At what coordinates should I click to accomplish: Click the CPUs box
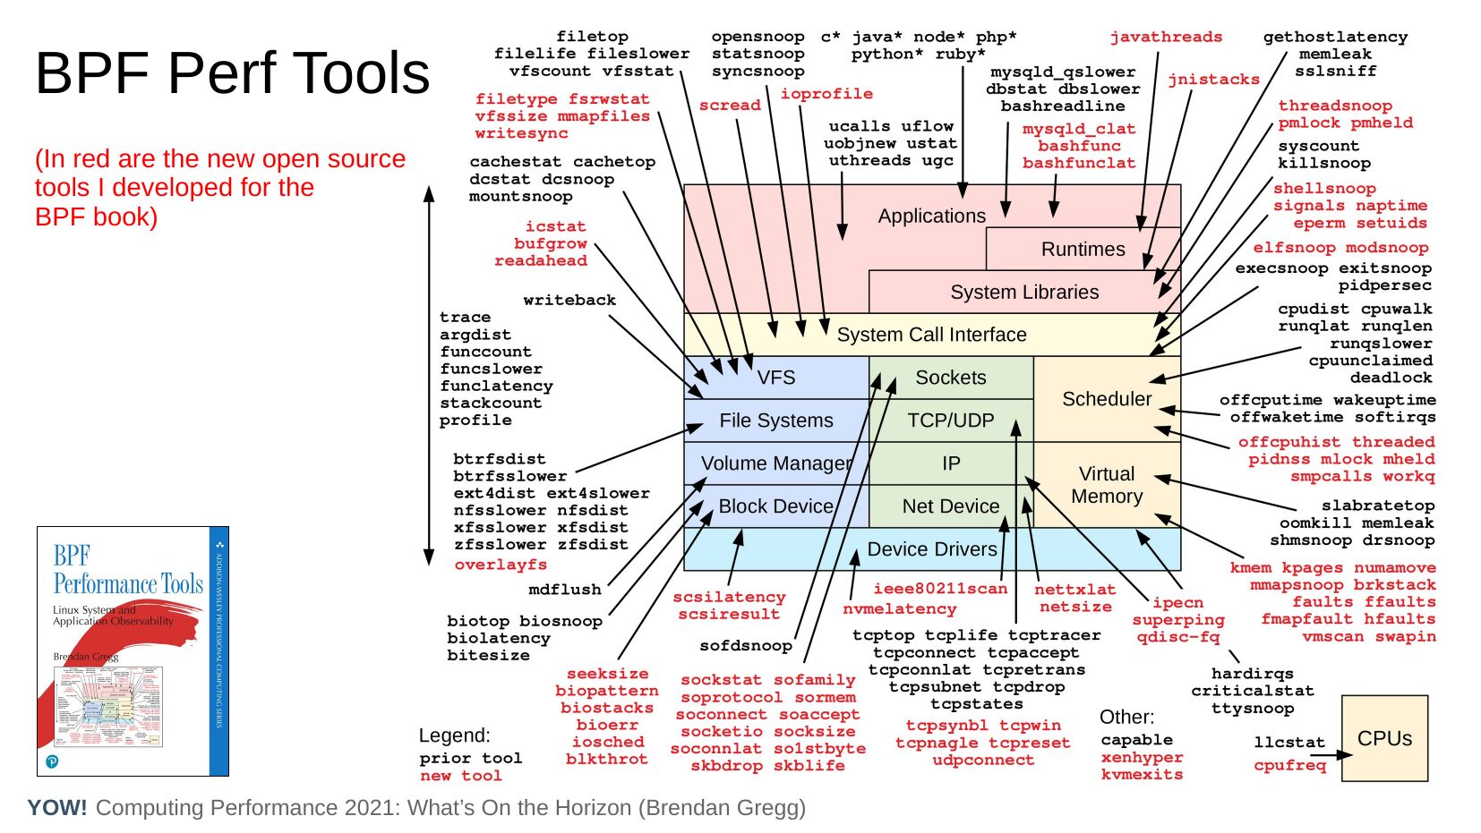point(1384,738)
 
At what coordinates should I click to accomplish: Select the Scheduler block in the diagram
point(1107,399)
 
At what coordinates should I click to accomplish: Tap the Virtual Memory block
point(1107,485)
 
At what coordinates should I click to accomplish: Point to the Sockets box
point(951,378)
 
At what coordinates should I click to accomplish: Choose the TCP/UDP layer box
point(951,421)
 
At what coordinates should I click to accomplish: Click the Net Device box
point(950,506)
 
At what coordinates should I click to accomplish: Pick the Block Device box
point(775,506)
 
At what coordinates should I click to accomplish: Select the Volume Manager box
point(775,463)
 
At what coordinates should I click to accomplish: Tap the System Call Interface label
point(931,335)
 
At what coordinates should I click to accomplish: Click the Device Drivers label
point(931,549)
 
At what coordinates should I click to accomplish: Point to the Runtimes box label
point(1083,250)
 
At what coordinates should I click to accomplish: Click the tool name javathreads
point(1166,37)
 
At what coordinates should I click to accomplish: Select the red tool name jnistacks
point(1213,80)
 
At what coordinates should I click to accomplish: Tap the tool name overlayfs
point(501,565)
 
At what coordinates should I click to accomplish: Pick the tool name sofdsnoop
point(746,645)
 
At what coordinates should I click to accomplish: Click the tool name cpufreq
point(1289,765)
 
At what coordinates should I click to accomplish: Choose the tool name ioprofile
point(826,93)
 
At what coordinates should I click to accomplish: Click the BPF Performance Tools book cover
point(133,650)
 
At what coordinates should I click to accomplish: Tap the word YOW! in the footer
point(57,808)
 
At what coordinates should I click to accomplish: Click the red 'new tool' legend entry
point(461,776)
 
